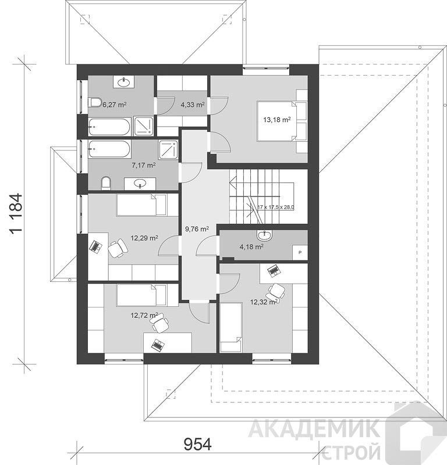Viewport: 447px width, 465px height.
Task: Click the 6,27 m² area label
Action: [x=115, y=105]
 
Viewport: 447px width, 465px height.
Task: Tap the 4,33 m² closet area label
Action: [x=193, y=105]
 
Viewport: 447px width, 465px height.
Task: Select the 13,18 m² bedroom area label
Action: [x=277, y=120]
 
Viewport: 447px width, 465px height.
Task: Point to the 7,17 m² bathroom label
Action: [x=144, y=165]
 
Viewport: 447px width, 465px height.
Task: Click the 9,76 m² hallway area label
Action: [x=197, y=229]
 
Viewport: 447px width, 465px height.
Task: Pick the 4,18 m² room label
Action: [x=251, y=246]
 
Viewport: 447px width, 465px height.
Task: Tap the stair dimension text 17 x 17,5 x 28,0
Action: [x=276, y=208]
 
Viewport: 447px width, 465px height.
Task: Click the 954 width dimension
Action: [x=197, y=444]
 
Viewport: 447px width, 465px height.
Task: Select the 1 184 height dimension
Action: [x=16, y=213]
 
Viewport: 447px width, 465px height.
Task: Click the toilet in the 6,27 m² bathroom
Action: [x=95, y=103]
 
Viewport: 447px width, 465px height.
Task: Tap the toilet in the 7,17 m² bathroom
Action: [x=106, y=183]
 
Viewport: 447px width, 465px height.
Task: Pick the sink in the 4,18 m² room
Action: [x=264, y=235]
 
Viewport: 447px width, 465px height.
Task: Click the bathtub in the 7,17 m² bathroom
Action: [x=109, y=149]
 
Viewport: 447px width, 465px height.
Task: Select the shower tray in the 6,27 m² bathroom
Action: [x=143, y=126]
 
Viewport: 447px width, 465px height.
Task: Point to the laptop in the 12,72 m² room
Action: [x=158, y=345]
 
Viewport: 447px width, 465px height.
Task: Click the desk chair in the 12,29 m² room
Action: [x=118, y=248]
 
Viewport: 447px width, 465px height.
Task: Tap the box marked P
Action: [x=300, y=252]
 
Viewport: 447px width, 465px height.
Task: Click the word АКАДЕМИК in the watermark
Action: [x=314, y=428]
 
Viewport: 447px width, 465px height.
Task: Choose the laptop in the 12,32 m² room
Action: [x=273, y=270]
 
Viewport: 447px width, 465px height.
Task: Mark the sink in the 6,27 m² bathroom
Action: [x=123, y=82]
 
